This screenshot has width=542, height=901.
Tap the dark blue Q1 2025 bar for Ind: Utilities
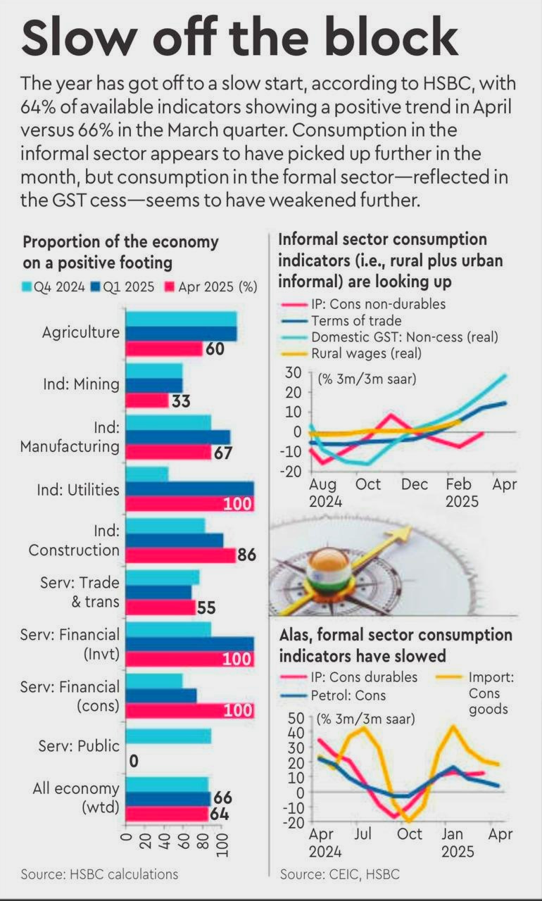[x=189, y=489]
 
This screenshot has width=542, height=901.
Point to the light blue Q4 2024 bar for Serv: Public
[x=168, y=736]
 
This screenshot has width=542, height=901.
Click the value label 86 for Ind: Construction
[x=246, y=555]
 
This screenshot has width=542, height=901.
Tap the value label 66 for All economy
[x=222, y=798]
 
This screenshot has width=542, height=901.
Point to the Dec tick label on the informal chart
[x=415, y=484]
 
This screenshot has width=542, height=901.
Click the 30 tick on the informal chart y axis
[x=293, y=372]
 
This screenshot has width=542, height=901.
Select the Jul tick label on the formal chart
[x=363, y=834]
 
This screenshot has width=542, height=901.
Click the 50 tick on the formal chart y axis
[x=294, y=718]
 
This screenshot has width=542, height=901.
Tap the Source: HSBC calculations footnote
[x=99, y=874]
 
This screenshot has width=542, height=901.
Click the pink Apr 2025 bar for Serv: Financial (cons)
[x=189, y=710]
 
